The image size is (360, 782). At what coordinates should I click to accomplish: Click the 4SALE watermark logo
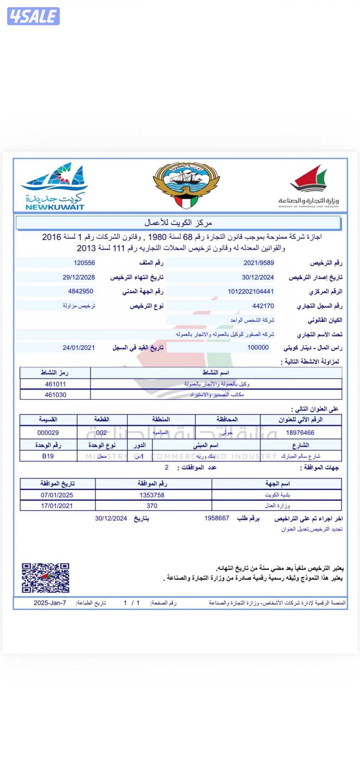[x=33, y=16]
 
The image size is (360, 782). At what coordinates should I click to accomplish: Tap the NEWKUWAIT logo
[x=54, y=186]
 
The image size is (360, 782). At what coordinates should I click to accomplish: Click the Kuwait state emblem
[x=186, y=185]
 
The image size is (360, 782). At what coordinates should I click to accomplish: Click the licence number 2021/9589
[x=258, y=263]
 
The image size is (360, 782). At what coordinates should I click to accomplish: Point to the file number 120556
[x=84, y=263]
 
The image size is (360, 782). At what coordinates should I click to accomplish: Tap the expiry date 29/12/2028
[x=79, y=277]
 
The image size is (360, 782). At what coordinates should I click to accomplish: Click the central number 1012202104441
[x=251, y=292]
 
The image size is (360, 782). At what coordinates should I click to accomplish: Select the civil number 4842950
[x=81, y=291]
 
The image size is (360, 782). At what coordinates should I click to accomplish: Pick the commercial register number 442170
[x=263, y=306]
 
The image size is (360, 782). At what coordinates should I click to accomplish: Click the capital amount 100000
[x=258, y=347]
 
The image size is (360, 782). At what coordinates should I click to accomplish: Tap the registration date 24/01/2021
[x=78, y=347]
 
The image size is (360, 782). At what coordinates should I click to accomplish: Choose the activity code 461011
[x=55, y=384]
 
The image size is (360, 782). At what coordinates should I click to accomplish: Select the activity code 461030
[x=55, y=395]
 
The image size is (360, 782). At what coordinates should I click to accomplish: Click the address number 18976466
[x=300, y=433]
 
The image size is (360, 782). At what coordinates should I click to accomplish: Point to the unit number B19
[x=48, y=456]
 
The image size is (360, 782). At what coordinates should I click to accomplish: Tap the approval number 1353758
[x=152, y=495]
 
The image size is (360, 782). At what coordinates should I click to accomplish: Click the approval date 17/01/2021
[x=57, y=506]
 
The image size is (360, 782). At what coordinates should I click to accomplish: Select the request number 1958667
[x=217, y=518]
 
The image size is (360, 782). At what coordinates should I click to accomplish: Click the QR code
[x=45, y=578]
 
